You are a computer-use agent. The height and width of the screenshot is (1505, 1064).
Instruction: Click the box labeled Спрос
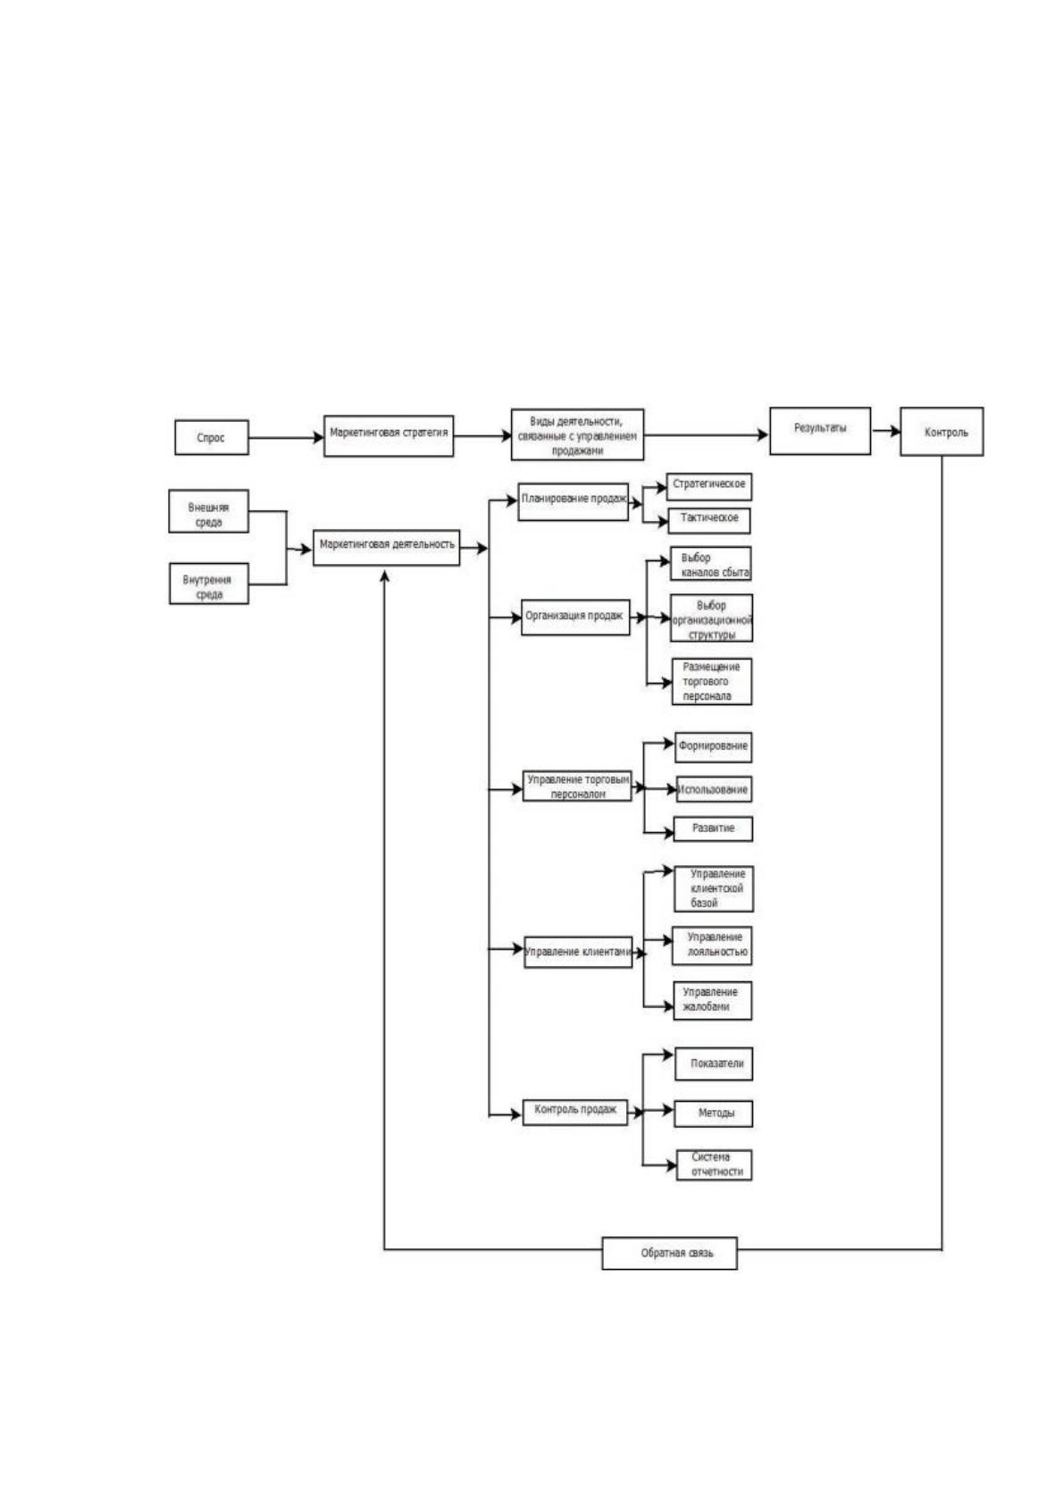click(212, 437)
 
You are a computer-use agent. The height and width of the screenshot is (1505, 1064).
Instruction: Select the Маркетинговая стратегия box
click(389, 436)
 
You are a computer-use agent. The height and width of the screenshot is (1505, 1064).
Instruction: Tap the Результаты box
click(819, 431)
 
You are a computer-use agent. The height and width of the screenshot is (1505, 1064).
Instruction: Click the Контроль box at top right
click(942, 432)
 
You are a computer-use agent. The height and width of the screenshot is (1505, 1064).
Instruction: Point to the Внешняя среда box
click(208, 511)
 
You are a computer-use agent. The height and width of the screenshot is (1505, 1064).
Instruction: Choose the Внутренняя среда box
click(208, 584)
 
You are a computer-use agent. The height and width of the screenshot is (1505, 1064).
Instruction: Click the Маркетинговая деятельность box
click(386, 548)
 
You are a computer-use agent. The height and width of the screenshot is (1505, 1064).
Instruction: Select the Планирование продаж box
click(573, 501)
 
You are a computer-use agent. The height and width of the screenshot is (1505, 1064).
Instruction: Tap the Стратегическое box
click(708, 486)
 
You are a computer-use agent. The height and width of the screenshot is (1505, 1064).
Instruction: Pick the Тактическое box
click(708, 521)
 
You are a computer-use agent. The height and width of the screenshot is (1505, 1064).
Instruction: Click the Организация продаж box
click(575, 617)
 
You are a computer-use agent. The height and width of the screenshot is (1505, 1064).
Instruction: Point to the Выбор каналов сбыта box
click(711, 564)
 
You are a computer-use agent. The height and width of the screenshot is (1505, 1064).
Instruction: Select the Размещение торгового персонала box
click(711, 681)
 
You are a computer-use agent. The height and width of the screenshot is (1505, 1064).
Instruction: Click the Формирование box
click(713, 747)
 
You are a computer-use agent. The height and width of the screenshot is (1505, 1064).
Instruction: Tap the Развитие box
click(713, 828)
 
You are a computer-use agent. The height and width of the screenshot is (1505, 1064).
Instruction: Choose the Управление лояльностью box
click(712, 946)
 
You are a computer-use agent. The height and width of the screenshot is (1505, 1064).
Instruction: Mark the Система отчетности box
click(714, 1165)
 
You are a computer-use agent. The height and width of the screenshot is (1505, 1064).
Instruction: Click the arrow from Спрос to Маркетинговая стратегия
click(286, 438)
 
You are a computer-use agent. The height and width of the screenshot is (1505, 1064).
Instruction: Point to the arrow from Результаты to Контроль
click(886, 431)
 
